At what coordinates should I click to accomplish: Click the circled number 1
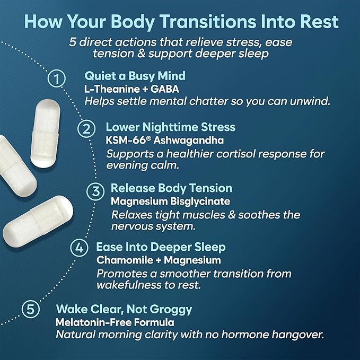click(x=57, y=78)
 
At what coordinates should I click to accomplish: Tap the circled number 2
click(x=86, y=128)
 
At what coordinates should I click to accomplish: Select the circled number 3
click(x=95, y=191)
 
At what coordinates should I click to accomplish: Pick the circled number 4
click(x=79, y=248)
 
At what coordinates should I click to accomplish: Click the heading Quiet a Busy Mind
click(x=135, y=76)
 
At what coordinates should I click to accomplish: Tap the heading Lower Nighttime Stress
click(x=171, y=127)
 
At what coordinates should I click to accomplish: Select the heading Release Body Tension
click(x=171, y=188)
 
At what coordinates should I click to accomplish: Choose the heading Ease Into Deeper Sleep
click(x=161, y=247)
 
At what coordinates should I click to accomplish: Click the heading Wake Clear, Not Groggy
click(x=124, y=309)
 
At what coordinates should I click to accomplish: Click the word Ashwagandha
click(x=189, y=141)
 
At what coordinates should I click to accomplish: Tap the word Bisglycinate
click(x=200, y=201)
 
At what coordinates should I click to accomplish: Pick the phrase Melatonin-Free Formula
click(x=115, y=322)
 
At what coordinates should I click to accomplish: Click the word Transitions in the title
click(x=208, y=21)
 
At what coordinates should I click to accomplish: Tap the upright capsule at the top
click(x=45, y=134)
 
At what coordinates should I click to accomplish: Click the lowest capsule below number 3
click(x=38, y=222)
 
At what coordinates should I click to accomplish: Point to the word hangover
click(x=298, y=335)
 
